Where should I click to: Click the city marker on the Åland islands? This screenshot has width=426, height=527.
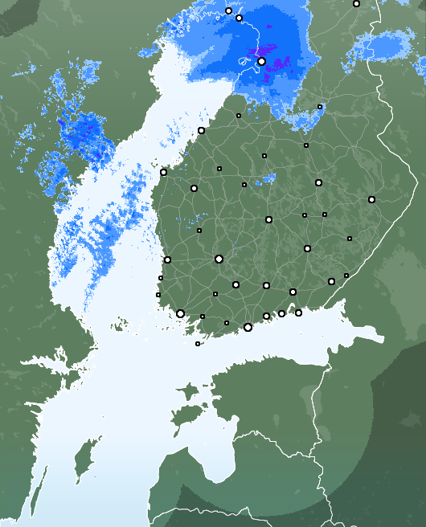click(x=198, y=344)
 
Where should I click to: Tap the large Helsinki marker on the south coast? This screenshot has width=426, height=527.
click(x=248, y=327)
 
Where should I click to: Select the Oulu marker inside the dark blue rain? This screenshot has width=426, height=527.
click(x=261, y=61)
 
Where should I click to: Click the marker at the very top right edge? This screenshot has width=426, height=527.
click(x=356, y=3)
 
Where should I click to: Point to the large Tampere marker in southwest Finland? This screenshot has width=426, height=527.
click(x=219, y=259)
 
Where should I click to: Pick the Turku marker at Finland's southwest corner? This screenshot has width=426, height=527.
click(x=180, y=314)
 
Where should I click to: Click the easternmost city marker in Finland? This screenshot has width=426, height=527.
click(x=371, y=199)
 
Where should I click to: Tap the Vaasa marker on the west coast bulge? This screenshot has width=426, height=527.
click(x=163, y=172)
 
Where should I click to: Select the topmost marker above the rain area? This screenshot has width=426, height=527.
click(x=228, y=11)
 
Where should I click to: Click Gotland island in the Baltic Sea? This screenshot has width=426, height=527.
click(x=80, y=466)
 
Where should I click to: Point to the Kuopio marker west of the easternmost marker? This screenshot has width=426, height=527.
click(x=318, y=182)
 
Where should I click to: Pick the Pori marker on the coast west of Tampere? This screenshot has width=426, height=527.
click(x=167, y=259)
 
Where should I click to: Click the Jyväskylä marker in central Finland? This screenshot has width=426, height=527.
click(x=268, y=219)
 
